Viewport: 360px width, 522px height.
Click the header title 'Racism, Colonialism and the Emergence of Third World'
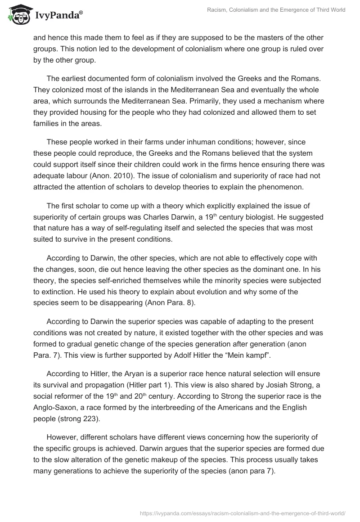coord(270,10)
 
